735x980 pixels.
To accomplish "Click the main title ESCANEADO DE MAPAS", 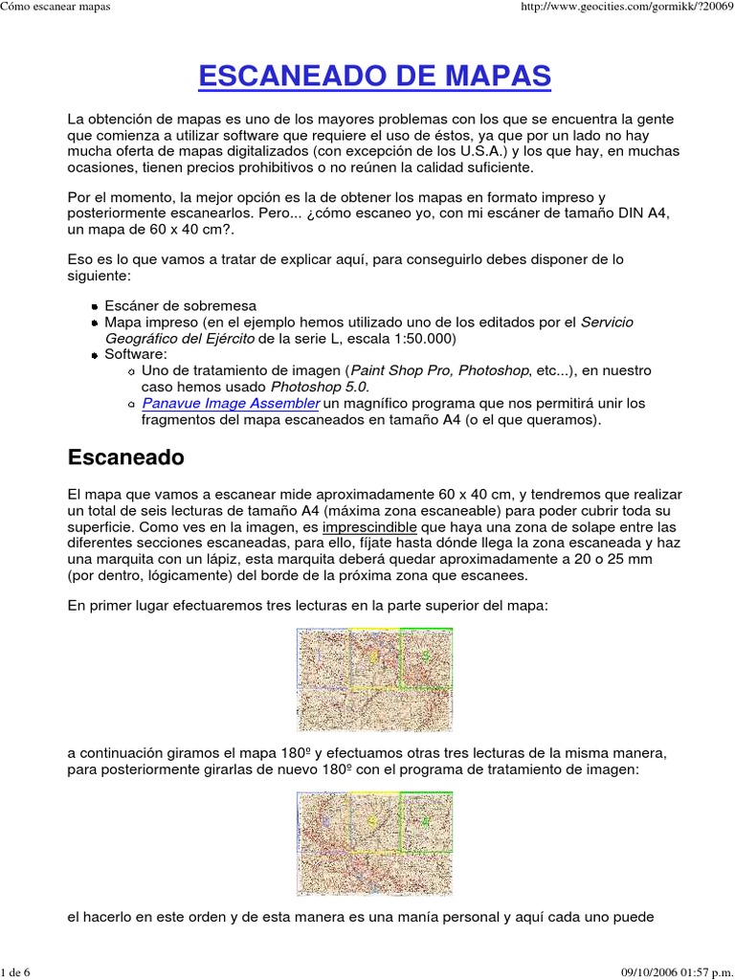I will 374,76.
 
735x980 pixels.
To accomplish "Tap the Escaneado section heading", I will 125,457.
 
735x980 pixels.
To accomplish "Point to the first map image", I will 374,679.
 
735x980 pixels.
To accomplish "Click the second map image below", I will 374,843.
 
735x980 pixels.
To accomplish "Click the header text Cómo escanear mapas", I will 56,8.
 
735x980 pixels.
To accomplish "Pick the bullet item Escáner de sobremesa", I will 180,305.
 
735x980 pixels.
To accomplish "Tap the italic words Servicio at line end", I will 607,322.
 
